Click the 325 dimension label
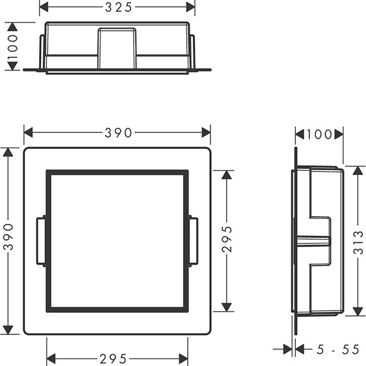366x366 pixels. (118, 7)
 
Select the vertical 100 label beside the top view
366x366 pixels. (12, 46)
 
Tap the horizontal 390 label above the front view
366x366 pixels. (118, 133)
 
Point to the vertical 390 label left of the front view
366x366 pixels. (9, 237)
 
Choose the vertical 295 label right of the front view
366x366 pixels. (227, 239)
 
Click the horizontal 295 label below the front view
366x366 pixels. (113, 359)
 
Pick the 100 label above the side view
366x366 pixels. (319, 134)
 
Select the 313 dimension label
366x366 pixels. (358, 243)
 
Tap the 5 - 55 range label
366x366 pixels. (338, 350)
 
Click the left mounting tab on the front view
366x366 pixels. (41, 242)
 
